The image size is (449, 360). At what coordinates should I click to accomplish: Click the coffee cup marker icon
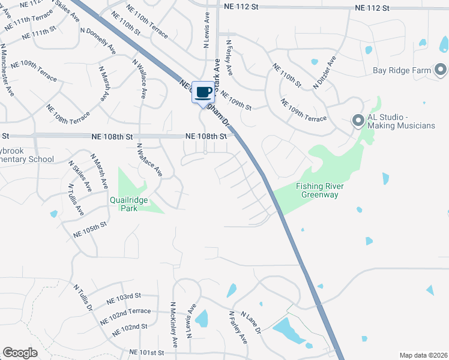tap(203, 92)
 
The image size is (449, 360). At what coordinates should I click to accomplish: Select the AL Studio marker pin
tap(358, 121)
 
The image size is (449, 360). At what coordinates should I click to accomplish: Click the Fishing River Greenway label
tap(320, 190)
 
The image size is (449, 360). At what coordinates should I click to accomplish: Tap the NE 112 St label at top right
tap(372, 8)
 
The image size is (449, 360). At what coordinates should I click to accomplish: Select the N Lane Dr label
tap(251, 323)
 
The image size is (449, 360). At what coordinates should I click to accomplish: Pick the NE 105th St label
tap(89, 229)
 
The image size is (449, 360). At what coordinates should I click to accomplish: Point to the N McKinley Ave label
tap(174, 325)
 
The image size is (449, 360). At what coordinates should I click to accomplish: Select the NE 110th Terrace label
tap(148, 23)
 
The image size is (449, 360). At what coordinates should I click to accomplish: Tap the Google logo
tap(20, 353)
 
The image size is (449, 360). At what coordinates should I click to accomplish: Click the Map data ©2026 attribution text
tap(423, 355)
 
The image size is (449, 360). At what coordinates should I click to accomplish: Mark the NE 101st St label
tap(146, 352)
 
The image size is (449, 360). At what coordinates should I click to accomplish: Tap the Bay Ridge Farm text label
tap(402, 70)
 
